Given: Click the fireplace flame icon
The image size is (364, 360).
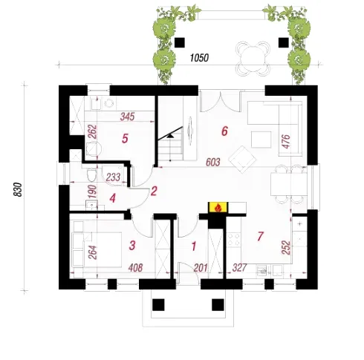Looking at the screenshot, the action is click(x=218, y=208).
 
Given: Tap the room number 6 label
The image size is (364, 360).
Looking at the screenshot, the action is click(x=224, y=131).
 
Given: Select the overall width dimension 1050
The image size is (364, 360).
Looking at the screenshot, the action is click(x=199, y=58).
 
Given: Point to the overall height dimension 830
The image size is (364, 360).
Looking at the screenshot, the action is click(x=18, y=189).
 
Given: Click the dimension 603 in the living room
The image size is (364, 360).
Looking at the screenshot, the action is click(x=213, y=163).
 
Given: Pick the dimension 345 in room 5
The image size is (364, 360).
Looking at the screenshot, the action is click(x=127, y=117).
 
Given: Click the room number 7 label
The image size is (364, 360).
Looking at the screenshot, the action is click(x=260, y=236).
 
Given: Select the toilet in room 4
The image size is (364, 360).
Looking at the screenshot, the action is click(x=91, y=174).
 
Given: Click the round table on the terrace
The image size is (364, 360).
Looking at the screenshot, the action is click(x=253, y=59).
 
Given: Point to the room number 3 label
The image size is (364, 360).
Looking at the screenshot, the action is click(x=132, y=246).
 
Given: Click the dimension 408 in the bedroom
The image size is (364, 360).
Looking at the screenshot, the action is click(x=135, y=267).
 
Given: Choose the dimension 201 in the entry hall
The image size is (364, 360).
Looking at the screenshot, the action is click(x=200, y=267).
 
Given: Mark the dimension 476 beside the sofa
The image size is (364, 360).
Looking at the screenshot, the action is click(x=286, y=142).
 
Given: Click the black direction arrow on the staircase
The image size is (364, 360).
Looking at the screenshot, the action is click(x=170, y=136).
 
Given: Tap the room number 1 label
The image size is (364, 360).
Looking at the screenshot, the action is click(x=194, y=246).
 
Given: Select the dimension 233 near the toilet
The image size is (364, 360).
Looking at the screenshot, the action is click(x=113, y=177).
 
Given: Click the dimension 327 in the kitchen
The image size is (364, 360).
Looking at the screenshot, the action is click(x=240, y=267).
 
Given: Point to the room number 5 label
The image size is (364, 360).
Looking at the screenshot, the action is click(x=125, y=139).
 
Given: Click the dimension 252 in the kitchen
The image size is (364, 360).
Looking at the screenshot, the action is click(x=286, y=247).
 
